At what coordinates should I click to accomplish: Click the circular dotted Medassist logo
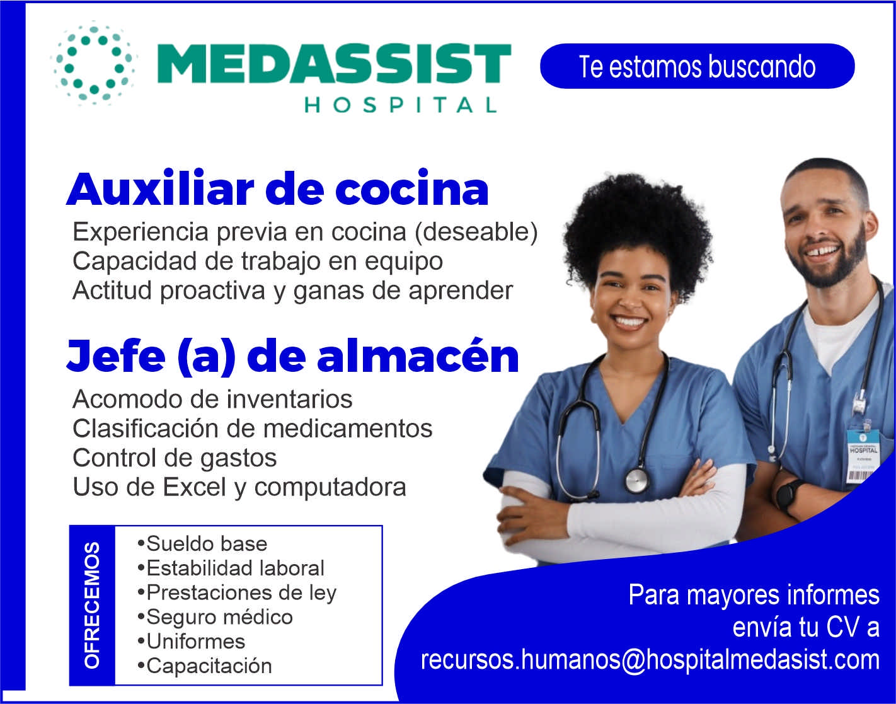pos(93,64)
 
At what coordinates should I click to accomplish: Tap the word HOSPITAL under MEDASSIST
pos(401,105)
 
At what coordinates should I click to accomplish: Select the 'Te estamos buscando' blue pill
pos(697,66)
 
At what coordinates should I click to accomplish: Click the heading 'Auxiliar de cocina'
pos(277,189)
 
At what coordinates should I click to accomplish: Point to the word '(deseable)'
pos(476,232)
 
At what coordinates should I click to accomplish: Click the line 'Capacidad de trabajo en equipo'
pos(257,261)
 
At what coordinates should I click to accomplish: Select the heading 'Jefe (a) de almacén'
pos(292,357)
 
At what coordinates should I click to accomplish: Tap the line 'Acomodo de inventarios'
pos(212,399)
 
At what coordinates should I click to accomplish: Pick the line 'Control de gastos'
pos(175,458)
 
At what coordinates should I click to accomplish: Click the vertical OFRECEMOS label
pos(92,605)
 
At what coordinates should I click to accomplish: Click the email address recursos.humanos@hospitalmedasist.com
pos(650,659)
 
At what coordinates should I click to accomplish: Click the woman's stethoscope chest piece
pos(636,480)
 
